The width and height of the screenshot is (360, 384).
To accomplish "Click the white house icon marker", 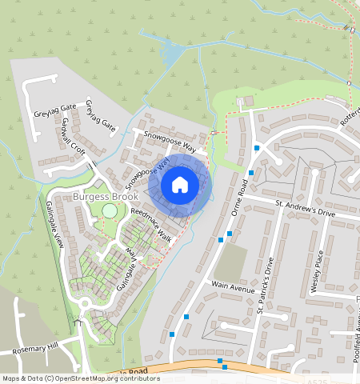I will point(180,185).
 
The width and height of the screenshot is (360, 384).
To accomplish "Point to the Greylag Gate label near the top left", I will point(56,106).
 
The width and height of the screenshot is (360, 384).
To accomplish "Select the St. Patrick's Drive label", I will point(266,284).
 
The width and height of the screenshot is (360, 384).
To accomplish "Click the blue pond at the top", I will point(171,54).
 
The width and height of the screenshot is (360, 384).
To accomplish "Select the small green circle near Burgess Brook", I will point(109,211).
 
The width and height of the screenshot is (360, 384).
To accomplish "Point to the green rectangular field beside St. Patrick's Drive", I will point(231,262).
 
